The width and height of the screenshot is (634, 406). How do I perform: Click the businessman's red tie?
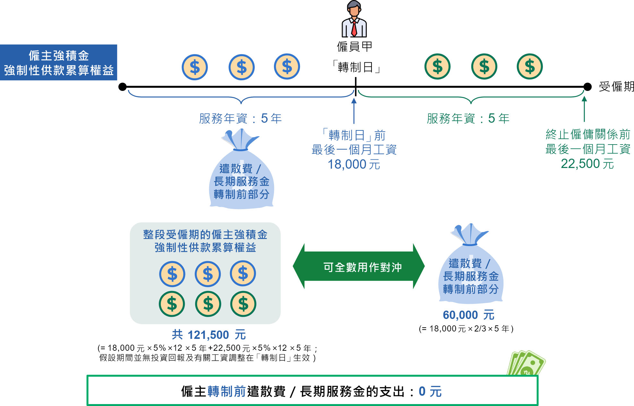pyautogui.click(x=354, y=28)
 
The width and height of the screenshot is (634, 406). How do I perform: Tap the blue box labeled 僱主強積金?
pyautogui.click(x=59, y=63)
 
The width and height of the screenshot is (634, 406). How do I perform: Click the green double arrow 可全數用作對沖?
pyautogui.click(x=359, y=267)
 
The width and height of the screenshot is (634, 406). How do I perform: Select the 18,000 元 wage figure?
pyautogui.click(x=354, y=164)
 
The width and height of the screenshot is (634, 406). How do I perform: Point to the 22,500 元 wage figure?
pyautogui.click(x=587, y=164)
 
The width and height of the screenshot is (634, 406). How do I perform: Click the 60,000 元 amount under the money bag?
pyautogui.click(x=468, y=315)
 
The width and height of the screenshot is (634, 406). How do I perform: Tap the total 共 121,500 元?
pyautogui.click(x=209, y=335)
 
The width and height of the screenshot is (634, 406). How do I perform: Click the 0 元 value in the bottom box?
pyautogui.click(x=430, y=392)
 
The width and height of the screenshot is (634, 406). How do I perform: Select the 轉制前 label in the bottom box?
pyautogui.click(x=227, y=392)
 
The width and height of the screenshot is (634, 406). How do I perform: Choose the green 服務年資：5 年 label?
pyautogui.click(x=468, y=119)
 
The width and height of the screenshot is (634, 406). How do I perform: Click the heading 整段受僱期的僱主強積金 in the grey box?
pyautogui.click(x=205, y=235)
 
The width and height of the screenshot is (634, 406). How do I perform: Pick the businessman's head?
pyautogui.click(x=354, y=9)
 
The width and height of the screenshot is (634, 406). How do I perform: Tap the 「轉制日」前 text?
pyautogui.click(x=354, y=135)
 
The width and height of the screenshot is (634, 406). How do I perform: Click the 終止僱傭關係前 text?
pyautogui.click(x=588, y=134)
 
